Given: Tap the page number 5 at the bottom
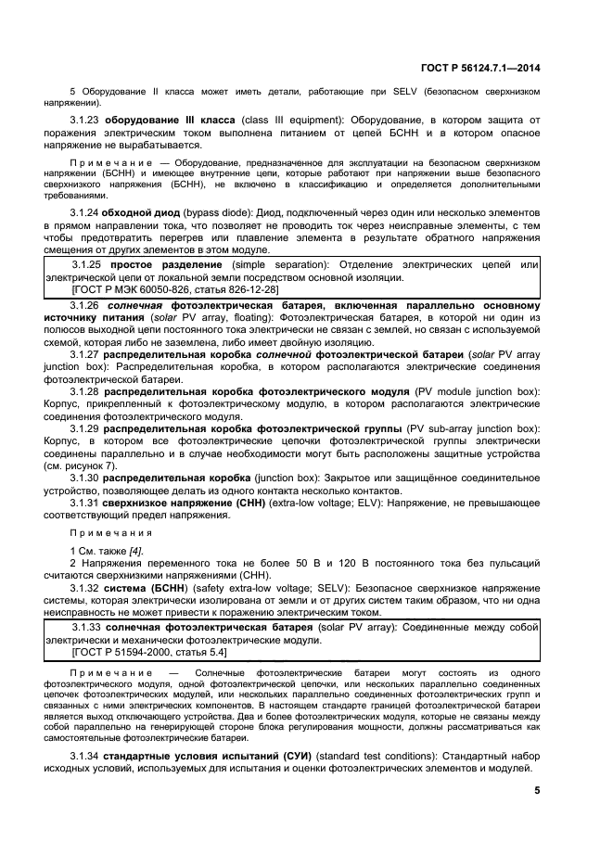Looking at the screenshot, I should (537, 790).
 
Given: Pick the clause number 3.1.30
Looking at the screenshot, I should (85, 478).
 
